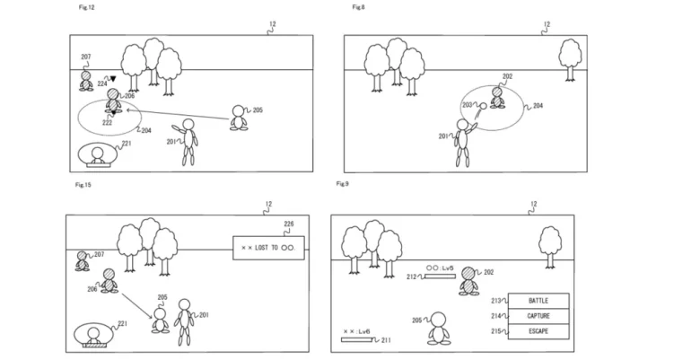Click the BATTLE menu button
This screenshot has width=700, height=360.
pyautogui.click(x=538, y=300)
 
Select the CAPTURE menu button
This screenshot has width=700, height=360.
pyautogui.click(x=538, y=316)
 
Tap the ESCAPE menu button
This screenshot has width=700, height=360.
pyautogui.click(x=538, y=332)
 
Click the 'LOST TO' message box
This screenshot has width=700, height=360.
pyautogui.click(x=268, y=247)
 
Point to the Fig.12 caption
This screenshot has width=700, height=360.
pyautogui.click(x=88, y=7)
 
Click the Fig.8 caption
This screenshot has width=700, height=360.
pyautogui.click(x=357, y=7)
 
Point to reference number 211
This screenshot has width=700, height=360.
pyautogui.click(x=386, y=341)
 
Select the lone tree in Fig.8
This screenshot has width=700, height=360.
pyautogui.click(x=569, y=56)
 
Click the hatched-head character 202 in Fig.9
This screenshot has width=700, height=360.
pyautogui.click(x=468, y=281)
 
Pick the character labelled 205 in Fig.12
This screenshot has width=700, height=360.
pyautogui.click(x=238, y=118)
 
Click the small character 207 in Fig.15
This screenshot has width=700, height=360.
pyautogui.click(x=83, y=260)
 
